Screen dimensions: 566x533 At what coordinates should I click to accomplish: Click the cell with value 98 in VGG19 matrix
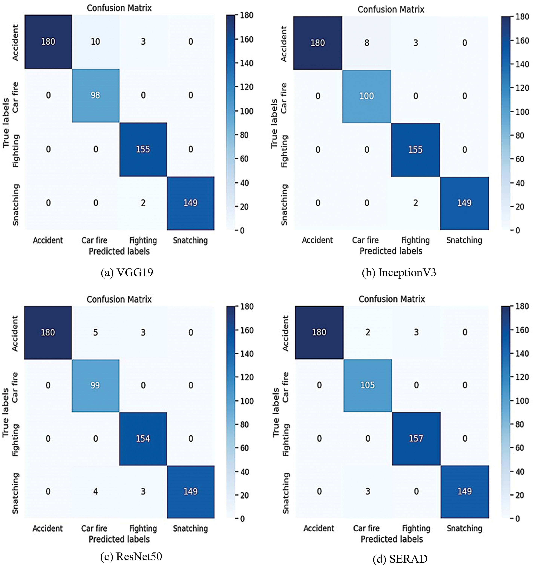95,95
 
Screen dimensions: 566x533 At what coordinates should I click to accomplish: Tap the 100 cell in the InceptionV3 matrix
366,96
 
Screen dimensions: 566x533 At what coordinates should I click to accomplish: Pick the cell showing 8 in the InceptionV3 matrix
367,43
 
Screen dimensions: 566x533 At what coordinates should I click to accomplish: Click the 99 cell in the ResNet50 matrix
95,385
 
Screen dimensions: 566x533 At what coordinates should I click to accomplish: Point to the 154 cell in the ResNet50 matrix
143,438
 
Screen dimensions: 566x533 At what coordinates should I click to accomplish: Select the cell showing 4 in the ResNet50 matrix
95,491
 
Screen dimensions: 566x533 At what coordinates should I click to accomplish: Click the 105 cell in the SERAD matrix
367,385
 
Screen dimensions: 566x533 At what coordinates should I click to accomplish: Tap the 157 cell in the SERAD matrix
416,438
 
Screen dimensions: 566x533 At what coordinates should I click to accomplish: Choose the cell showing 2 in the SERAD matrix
367,332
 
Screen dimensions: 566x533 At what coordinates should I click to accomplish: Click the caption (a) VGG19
127,272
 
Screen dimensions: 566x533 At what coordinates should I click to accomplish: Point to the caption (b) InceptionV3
399,272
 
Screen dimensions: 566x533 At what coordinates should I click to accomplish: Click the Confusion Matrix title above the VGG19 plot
119,8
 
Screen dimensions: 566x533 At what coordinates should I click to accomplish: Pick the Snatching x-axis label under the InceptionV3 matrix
464,240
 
